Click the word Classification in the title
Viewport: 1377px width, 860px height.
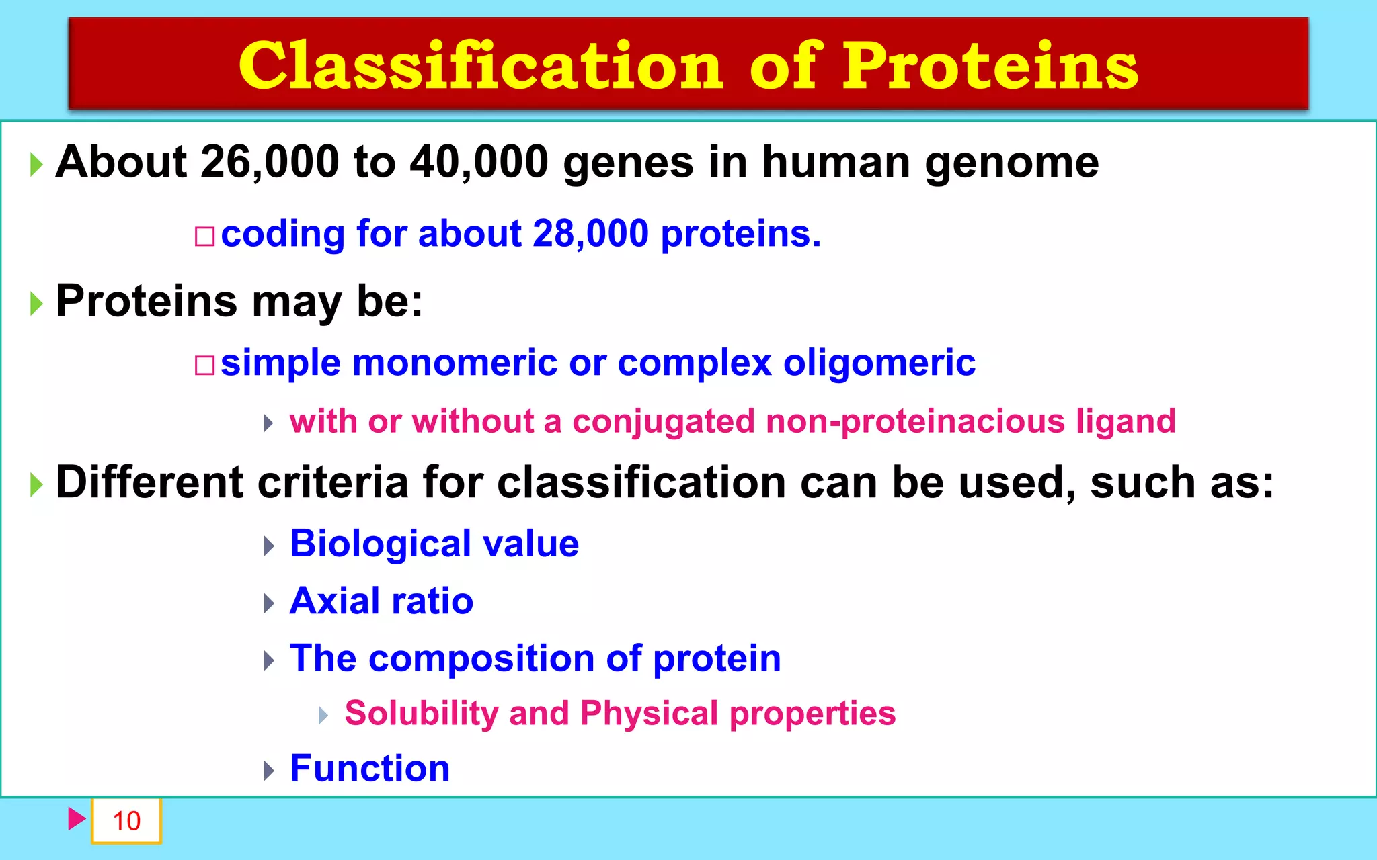[x=481, y=66]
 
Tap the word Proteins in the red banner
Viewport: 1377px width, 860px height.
[x=990, y=66]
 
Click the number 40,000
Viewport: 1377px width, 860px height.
[x=479, y=162]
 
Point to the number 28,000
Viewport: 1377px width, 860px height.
[x=590, y=234]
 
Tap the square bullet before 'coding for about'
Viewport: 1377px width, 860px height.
[x=204, y=236]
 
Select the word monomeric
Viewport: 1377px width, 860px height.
[x=455, y=363]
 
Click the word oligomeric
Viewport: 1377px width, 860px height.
[x=879, y=364]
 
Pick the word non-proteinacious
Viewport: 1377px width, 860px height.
[x=915, y=422]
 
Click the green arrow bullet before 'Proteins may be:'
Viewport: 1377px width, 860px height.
[x=36, y=304]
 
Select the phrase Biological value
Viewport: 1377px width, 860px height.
[x=434, y=544]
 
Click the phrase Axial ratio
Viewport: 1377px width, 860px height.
[x=381, y=601]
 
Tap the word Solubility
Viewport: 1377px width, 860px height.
[x=421, y=714]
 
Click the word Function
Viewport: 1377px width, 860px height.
[x=369, y=768]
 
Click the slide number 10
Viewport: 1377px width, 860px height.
[x=126, y=821]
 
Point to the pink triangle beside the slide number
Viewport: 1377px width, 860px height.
[x=76, y=819]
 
